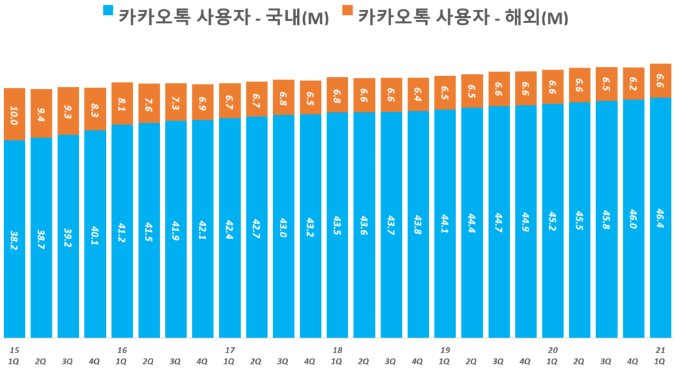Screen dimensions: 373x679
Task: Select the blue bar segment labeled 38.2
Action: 15,239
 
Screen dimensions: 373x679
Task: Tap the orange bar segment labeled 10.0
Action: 15,114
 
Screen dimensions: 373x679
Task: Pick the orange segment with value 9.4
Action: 41,113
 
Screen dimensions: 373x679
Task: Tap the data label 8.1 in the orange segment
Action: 122,103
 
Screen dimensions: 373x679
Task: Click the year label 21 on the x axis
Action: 660,350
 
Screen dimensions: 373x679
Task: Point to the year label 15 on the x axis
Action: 14,350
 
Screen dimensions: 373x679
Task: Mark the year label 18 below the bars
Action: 338,350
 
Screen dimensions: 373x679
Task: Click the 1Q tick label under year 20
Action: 552,362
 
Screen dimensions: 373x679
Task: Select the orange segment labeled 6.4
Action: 418,95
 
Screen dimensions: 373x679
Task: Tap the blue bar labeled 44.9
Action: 526,221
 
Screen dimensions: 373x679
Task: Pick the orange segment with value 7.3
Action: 176,102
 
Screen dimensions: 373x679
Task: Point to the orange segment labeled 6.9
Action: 203,102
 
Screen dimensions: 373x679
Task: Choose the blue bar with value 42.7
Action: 257,227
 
